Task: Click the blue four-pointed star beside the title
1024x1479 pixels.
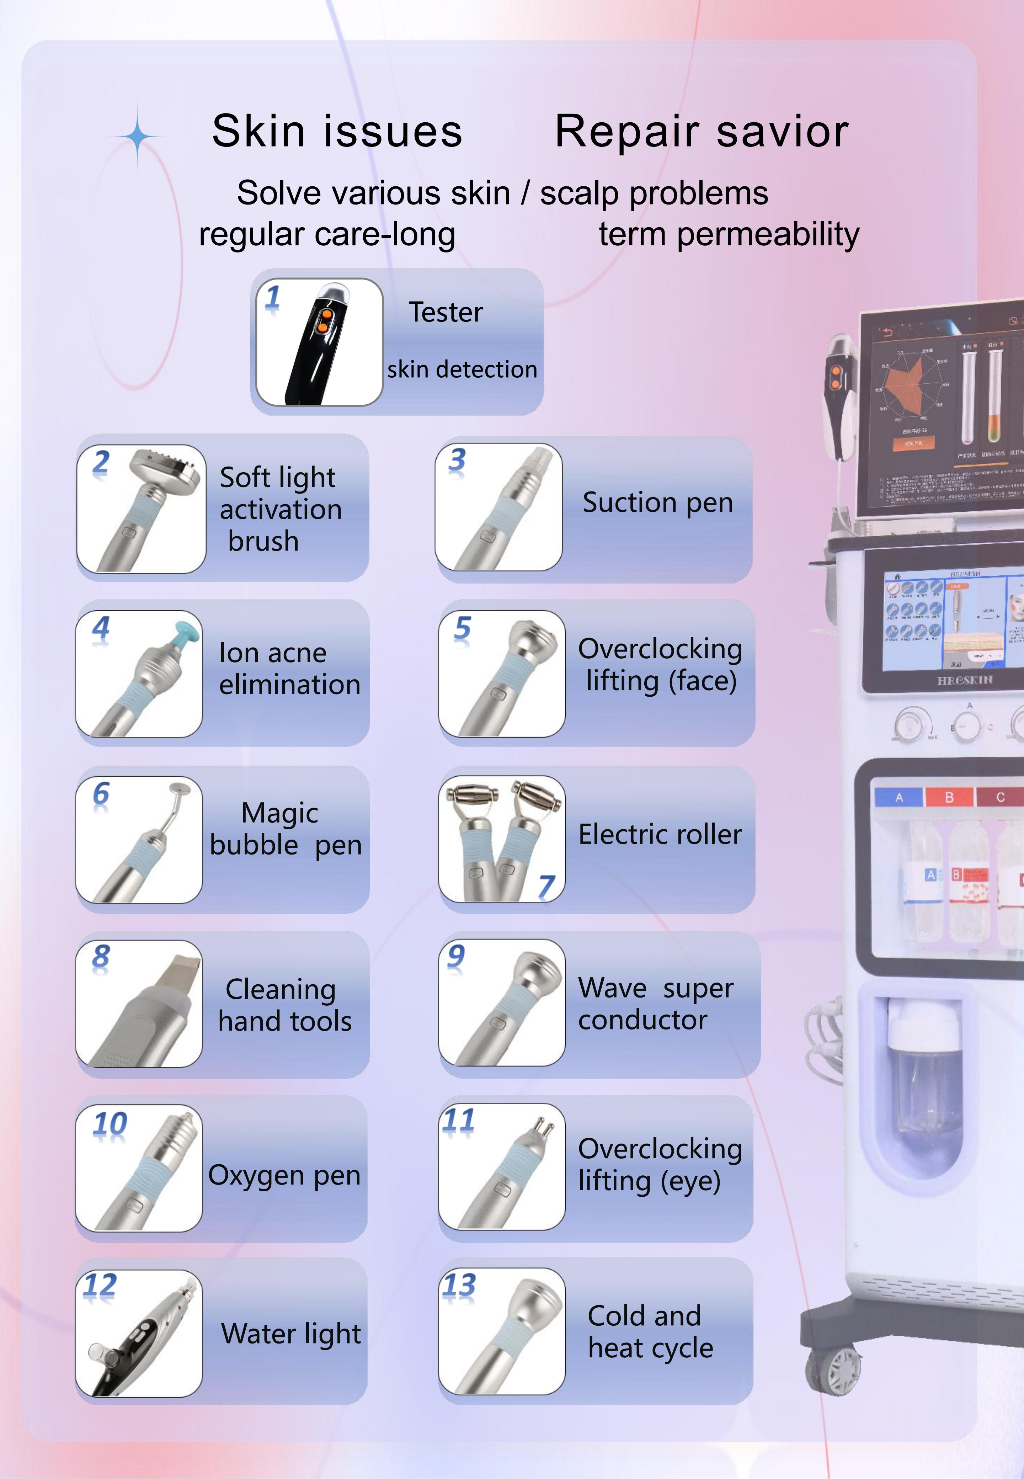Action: (137, 136)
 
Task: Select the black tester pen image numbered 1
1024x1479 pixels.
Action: (319, 342)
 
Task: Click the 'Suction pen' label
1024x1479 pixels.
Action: (657, 502)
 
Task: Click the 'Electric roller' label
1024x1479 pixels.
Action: (660, 835)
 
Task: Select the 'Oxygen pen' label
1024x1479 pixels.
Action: (284, 1176)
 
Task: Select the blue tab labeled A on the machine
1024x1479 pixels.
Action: (899, 797)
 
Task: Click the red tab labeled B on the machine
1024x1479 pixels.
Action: (949, 797)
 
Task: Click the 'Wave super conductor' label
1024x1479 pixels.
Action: (655, 1004)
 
